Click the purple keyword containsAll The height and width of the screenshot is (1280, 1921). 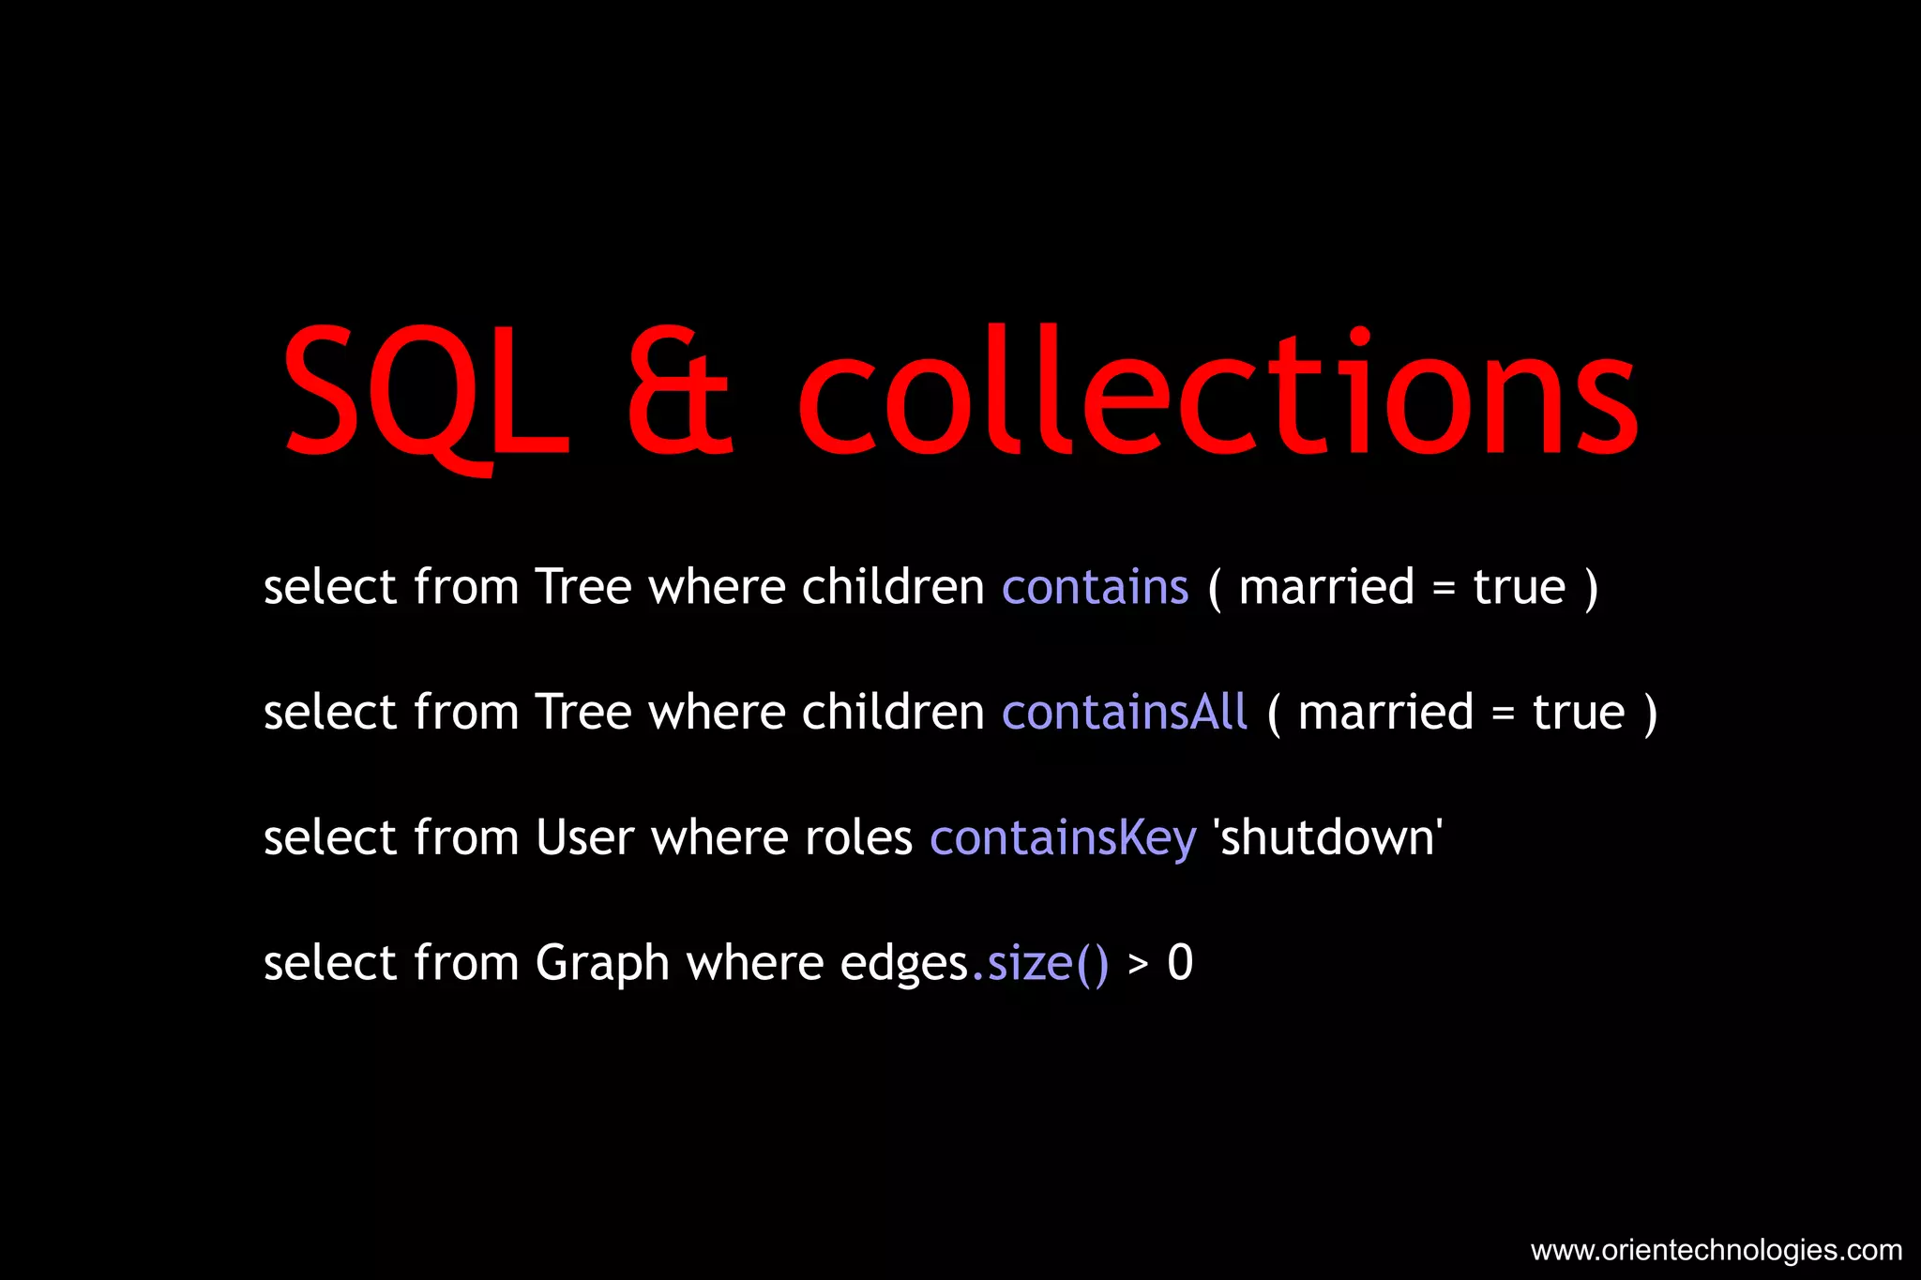[x=1125, y=712]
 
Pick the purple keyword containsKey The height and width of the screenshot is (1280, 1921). [x=1063, y=837]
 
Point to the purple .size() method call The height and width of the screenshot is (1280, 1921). [x=1040, y=963]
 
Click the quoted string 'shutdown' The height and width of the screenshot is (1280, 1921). [x=1327, y=837]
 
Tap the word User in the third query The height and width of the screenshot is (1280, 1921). [x=585, y=837]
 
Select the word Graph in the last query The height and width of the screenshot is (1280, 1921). [x=602, y=964]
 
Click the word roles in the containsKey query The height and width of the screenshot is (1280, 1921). [x=858, y=837]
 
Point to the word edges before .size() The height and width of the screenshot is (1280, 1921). [x=904, y=964]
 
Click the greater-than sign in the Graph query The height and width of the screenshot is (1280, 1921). [x=1138, y=964]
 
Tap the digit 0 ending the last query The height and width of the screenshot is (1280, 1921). [x=1180, y=963]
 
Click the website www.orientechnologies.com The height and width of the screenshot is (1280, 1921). [x=1716, y=1250]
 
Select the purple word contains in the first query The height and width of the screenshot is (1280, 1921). [x=1095, y=587]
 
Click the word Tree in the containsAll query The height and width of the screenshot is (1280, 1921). [x=583, y=712]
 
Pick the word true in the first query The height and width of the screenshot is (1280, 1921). [x=1519, y=587]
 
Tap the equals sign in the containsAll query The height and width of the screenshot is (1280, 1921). [x=1503, y=714]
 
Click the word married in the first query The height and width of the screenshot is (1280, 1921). [x=1326, y=587]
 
